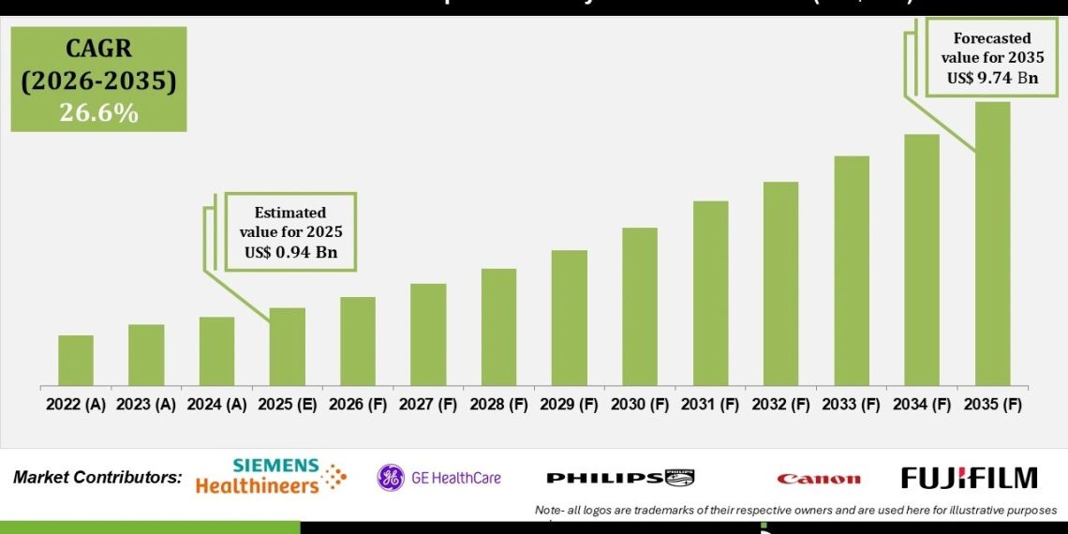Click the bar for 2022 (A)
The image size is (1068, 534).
tap(76, 361)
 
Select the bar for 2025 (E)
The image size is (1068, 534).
tap(288, 348)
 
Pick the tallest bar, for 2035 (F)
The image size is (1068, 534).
tap(992, 245)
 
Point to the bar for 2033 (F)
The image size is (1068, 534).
tap(852, 272)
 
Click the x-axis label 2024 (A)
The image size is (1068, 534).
tap(217, 405)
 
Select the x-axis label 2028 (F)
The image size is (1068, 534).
tap(499, 405)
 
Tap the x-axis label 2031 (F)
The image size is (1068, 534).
tap(710, 405)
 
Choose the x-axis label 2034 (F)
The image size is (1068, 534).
tap(922, 405)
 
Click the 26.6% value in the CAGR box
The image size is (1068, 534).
tap(98, 112)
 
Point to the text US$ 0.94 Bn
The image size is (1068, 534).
tap(290, 252)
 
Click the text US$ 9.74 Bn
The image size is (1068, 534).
tap(992, 78)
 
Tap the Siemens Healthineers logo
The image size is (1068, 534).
tap(271, 477)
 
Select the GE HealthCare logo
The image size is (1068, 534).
tap(439, 478)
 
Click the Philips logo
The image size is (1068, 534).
tap(620, 478)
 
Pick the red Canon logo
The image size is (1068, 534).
tap(818, 479)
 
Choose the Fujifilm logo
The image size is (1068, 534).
tap(969, 478)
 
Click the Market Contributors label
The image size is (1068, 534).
tap(97, 477)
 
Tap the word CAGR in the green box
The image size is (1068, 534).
tap(98, 49)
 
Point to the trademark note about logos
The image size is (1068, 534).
tap(795, 510)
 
